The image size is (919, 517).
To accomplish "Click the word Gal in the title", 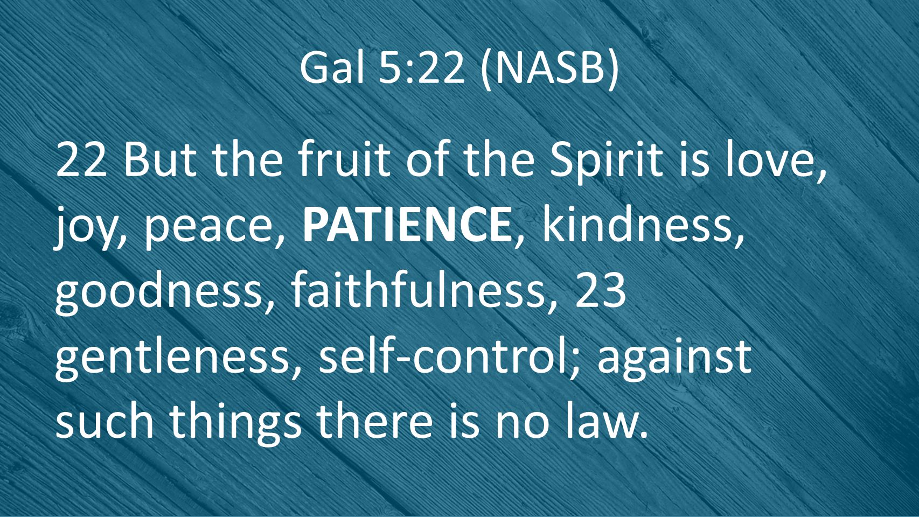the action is click(x=332, y=67).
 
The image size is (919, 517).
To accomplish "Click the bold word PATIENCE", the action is click(x=406, y=224).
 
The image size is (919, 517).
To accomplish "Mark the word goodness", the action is click(x=158, y=292).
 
